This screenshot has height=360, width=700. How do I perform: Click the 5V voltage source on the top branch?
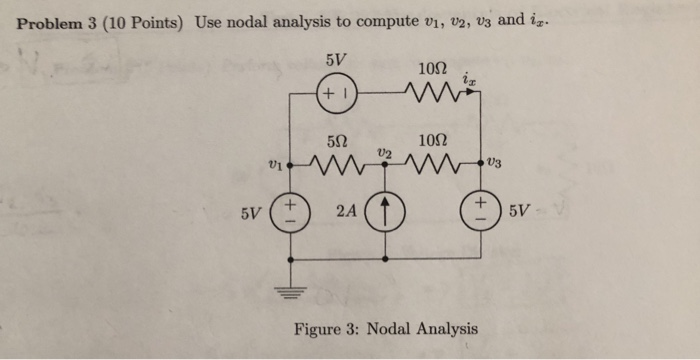point(332,98)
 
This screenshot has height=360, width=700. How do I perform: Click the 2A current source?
point(384,214)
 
